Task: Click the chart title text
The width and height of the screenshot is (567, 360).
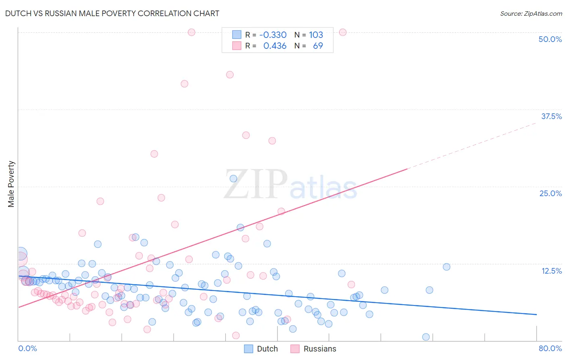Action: point(113,13)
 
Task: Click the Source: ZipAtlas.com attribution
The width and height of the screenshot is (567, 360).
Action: point(531,13)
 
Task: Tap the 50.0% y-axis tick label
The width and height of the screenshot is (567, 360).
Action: point(550,39)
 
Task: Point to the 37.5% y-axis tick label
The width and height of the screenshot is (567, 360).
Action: point(551,116)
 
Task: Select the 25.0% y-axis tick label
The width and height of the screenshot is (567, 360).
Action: point(550,193)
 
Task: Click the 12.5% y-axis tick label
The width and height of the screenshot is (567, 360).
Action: point(551,271)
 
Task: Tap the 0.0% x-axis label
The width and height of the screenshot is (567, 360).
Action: point(27,348)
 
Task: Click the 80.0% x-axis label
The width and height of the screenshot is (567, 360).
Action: point(550,348)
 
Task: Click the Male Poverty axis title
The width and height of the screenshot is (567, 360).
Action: point(11,184)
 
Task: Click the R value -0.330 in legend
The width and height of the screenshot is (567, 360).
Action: point(273,35)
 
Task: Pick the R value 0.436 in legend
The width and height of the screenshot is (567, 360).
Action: point(275,46)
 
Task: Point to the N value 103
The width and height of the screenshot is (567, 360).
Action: point(316,35)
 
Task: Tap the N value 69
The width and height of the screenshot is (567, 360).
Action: point(318,46)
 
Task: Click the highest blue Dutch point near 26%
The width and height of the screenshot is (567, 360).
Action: point(233,178)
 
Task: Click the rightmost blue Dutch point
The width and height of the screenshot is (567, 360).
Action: point(446,267)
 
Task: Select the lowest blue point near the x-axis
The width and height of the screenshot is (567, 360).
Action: point(426,337)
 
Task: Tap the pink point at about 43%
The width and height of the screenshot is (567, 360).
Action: point(230,75)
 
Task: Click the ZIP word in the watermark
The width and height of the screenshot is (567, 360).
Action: point(255,184)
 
